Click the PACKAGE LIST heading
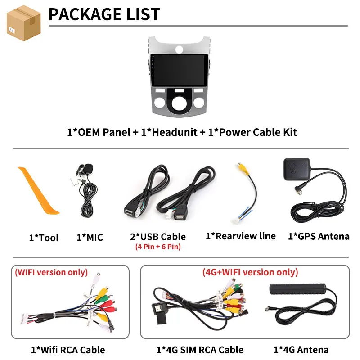tap(104, 14)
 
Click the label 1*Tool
tap(44, 238)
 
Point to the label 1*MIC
tap(90, 237)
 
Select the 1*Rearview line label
tap(240, 236)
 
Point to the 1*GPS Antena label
tap(319, 237)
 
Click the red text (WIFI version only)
tap(52, 272)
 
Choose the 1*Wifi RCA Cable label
tap(67, 350)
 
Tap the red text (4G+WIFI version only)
tap(250, 272)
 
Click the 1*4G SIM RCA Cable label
tap(200, 350)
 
